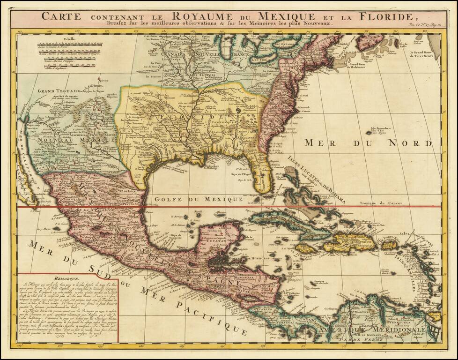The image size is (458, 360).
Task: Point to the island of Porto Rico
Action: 389,244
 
